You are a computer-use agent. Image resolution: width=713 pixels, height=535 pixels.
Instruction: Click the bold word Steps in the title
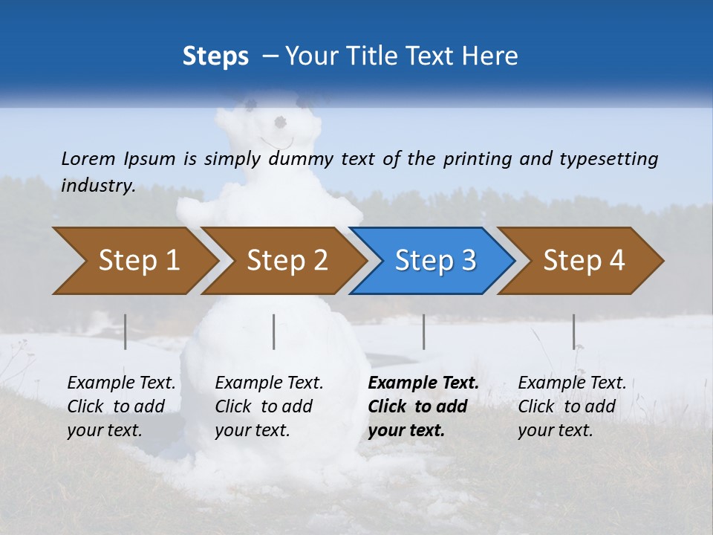point(215,56)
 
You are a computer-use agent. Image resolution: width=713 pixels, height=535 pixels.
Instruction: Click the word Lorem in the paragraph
point(88,158)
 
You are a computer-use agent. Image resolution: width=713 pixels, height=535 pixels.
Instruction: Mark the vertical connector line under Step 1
point(125,331)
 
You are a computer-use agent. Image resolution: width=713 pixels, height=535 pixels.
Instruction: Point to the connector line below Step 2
point(274,331)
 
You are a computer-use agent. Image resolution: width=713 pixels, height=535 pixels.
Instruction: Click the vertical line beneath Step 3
point(423,331)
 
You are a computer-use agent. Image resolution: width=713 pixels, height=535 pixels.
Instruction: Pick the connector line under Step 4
point(573,331)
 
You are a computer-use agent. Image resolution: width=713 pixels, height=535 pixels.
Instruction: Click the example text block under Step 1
point(121,406)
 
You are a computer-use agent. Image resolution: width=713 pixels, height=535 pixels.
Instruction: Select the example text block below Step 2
point(269,406)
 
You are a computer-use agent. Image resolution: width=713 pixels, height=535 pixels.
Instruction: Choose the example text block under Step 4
point(572,406)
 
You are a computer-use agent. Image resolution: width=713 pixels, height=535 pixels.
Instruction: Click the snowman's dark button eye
point(280,122)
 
